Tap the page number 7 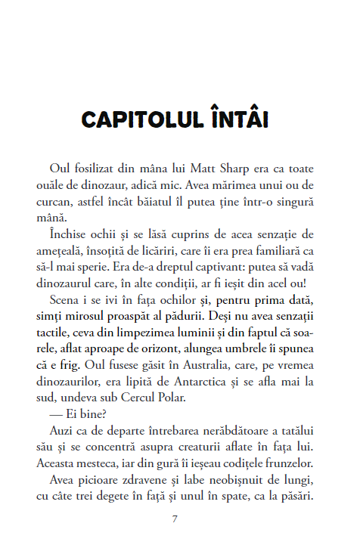tap(175, 519)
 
